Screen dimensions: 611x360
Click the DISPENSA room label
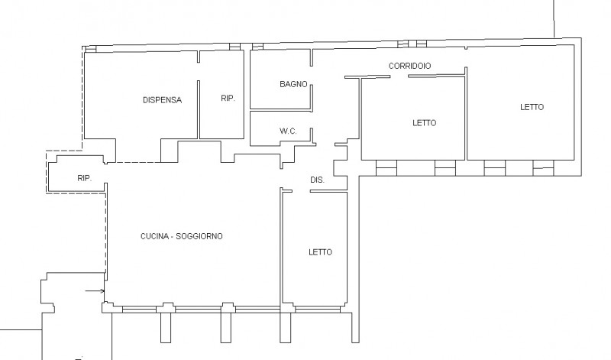(162, 100)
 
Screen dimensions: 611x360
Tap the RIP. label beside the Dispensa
(228, 99)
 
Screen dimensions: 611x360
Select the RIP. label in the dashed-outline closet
(85, 178)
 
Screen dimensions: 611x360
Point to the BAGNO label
(293, 84)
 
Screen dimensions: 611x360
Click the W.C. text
(288, 131)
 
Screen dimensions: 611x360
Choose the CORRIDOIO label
(409, 66)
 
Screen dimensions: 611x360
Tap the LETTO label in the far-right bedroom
(532, 107)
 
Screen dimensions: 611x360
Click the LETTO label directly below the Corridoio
(425, 123)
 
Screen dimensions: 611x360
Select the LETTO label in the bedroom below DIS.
(320, 252)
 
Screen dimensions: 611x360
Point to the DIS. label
(317, 180)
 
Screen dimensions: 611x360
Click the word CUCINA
(155, 236)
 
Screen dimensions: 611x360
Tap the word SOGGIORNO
(199, 236)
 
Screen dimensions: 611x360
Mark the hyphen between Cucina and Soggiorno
(173, 236)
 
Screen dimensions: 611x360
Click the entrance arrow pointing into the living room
(95, 290)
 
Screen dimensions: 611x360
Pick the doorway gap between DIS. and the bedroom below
(301, 191)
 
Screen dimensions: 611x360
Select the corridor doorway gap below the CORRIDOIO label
(399, 76)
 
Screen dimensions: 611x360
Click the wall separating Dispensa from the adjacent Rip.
(199, 109)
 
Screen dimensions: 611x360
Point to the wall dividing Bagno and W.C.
(280, 110)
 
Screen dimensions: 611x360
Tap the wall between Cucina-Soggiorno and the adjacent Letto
(281, 248)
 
